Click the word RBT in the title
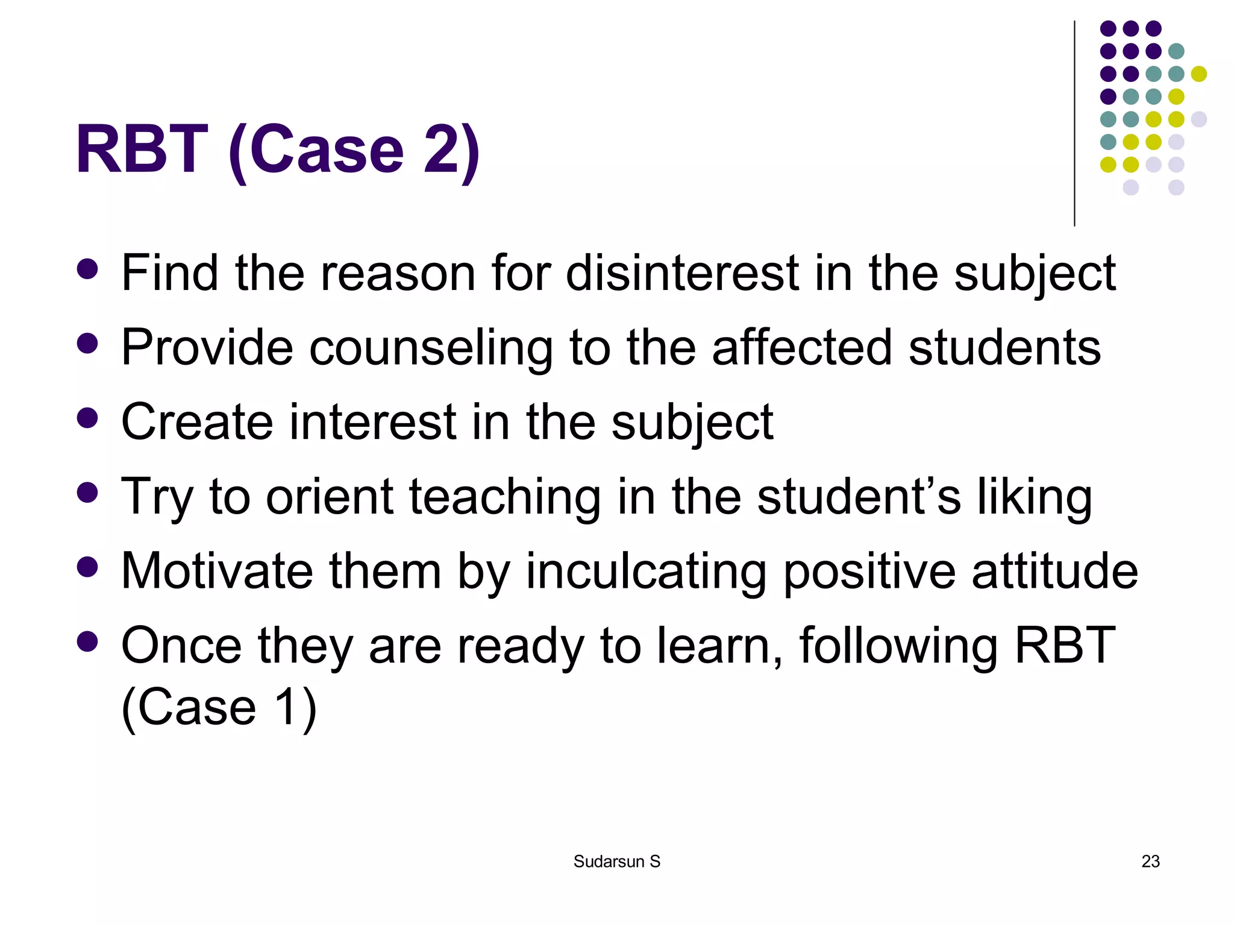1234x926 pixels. pyautogui.click(x=142, y=150)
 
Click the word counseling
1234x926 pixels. pyautogui.click(x=431, y=348)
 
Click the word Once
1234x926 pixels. pyautogui.click(x=181, y=646)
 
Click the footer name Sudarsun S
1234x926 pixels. pyautogui.click(x=616, y=861)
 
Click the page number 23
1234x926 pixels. pyautogui.click(x=1150, y=861)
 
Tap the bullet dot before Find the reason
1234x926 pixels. pyautogui.click(x=87, y=269)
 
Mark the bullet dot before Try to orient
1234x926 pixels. pyautogui.click(x=87, y=493)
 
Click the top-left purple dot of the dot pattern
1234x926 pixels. pyautogui.click(x=1108, y=28)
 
